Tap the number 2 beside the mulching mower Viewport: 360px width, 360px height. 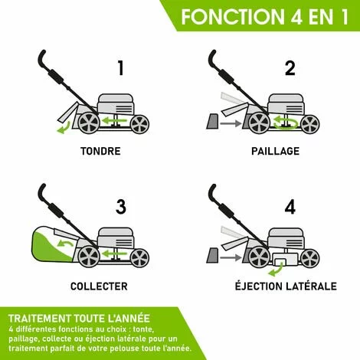289,67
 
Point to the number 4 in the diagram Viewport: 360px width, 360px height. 289,205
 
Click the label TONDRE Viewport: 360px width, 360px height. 100,151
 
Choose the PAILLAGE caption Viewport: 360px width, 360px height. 275,151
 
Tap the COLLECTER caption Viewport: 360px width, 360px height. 99,286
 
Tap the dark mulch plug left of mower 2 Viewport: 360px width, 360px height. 211,119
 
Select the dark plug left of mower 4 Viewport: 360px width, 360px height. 211,254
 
